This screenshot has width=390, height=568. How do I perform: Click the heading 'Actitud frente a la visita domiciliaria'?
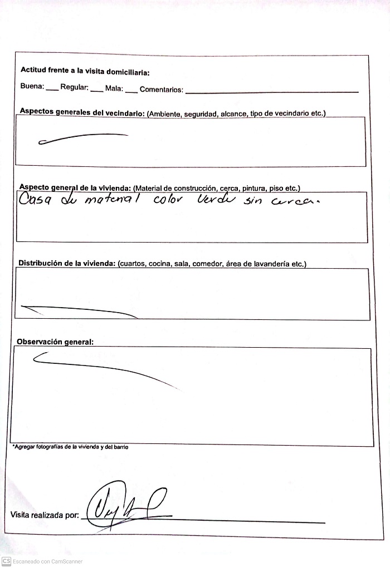[x=85, y=71]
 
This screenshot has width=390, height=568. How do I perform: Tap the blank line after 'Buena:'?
[x=51, y=89]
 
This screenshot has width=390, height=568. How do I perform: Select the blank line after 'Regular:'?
[x=96, y=90]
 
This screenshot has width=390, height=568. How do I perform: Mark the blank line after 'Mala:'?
[x=131, y=90]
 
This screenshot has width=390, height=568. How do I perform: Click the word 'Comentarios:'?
[x=162, y=90]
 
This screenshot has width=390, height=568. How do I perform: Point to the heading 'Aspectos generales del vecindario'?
[x=82, y=112]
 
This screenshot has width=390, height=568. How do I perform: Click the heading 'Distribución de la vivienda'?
[x=67, y=263]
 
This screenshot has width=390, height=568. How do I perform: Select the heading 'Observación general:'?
[x=55, y=342]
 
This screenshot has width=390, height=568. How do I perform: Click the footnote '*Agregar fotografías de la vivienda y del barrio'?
[x=70, y=447]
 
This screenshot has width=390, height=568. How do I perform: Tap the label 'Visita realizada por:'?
[x=45, y=515]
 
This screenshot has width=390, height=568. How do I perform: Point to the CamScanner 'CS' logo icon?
[x=6, y=561]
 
